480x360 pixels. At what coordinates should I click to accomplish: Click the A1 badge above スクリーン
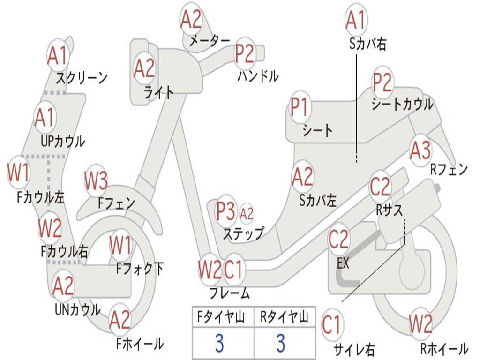coord(58,56)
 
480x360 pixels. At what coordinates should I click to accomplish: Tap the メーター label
coord(209,41)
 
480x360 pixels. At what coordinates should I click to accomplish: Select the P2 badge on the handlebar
coord(245,53)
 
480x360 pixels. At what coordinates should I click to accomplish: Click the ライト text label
coord(159,92)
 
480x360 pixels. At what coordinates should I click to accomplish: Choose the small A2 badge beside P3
coord(247,214)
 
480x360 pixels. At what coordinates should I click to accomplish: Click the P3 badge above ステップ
coord(226,211)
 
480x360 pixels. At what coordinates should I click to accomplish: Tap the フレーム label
coord(229,293)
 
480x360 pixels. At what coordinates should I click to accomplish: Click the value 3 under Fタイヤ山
coord(219,343)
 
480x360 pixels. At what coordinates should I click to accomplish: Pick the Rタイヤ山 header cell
coord(284,318)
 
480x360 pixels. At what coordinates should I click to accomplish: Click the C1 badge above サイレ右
coord(332,324)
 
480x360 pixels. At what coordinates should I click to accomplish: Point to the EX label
coord(343,263)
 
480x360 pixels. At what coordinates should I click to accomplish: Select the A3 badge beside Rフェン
coord(420,151)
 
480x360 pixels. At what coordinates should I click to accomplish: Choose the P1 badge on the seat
coord(300,107)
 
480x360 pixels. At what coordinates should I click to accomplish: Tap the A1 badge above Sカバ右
coord(355,20)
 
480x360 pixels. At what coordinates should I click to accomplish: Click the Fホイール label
coord(140,344)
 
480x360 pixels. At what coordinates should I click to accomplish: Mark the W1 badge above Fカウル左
coord(19,173)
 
